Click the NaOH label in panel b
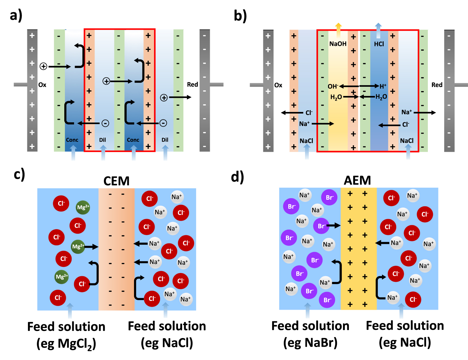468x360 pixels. [338, 44]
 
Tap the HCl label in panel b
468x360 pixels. [379, 44]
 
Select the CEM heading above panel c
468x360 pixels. [116, 181]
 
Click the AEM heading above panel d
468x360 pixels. [357, 180]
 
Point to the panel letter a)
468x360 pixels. [16, 15]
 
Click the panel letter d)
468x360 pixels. [237, 177]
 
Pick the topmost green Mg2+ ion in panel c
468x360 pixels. [83, 207]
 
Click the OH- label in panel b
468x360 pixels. [333, 86]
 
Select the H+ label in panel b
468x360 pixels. [383, 86]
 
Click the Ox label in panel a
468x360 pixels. [42, 85]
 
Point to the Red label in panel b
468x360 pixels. [437, 85]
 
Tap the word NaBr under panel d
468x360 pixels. [321, 343]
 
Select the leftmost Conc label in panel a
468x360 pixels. [72, 140]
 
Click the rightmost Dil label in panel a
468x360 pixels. [165, 140]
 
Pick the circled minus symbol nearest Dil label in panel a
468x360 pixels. [105, 123]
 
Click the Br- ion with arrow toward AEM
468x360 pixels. [321, 226]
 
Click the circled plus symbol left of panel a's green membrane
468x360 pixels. [43, 66]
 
